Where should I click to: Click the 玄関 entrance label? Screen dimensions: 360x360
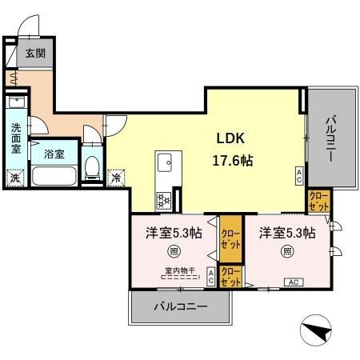(34, 54)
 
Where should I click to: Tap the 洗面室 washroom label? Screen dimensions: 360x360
(16, 138)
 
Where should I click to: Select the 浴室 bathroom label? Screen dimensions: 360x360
(54, 152)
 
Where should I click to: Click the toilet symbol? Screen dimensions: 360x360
(92, 166)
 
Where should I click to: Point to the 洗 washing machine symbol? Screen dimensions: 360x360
(14, 178)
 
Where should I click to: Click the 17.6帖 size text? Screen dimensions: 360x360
(232, 159)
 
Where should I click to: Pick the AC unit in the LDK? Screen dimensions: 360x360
(299, 175)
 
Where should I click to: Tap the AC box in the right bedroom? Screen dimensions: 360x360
(294, 282)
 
